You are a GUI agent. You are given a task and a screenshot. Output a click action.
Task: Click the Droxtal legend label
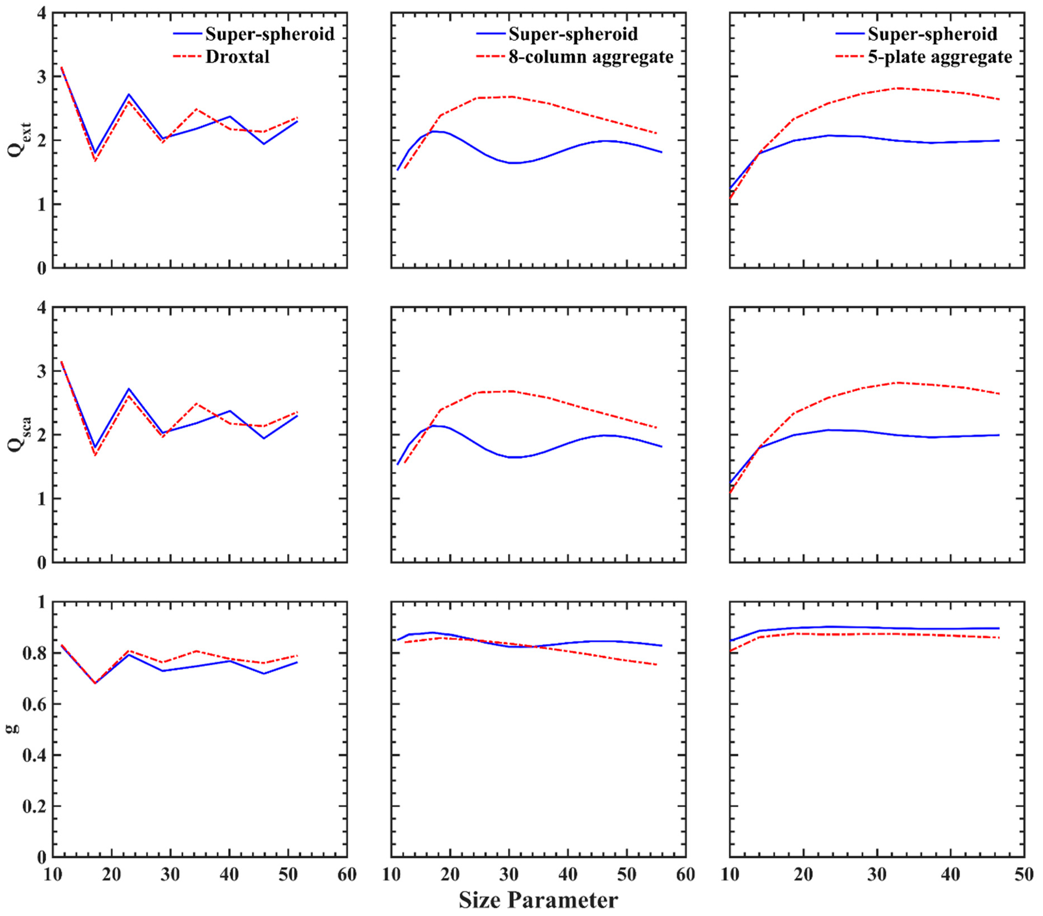pos(237,57)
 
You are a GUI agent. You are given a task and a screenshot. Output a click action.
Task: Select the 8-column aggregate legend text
pos(591,57)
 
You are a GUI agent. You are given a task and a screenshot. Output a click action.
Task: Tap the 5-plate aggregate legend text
pos(940,57)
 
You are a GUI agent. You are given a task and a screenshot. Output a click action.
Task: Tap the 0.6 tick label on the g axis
pos(34,704)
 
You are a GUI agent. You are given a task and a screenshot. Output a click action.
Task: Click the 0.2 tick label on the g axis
pos(34,807)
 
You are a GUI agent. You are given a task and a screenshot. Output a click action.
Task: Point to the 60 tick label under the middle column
pos(685,875)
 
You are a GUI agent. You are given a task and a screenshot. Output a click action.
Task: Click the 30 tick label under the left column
pos(171,875)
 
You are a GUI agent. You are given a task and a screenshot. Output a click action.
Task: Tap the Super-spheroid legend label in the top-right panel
pos(932,34)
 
